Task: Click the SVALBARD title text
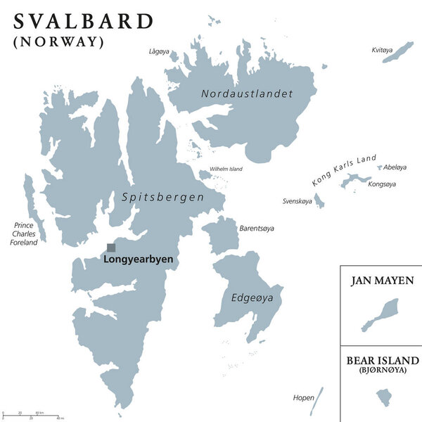[x=83, y=20]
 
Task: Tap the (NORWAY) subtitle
[x=59, y=41]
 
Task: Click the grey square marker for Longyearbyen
[x=111, y=248]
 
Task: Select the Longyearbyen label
[x=138, y=260]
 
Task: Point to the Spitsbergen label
[x=163, y=198]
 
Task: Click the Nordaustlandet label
[x=246, y=94]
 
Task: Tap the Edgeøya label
[x=252, y=299]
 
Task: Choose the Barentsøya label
[x=257, y=229]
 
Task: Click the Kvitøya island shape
[x=398, y=52]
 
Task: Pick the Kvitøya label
[x=384, y=50]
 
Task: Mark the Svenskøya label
[x=297, y=201]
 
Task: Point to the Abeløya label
[x=395, y=167]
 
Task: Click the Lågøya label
[x=159, y=51]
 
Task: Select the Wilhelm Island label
[x=226, y=169]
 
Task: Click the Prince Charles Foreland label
[x=23, y=234]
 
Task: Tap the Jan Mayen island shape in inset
[x=381, y=315]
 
